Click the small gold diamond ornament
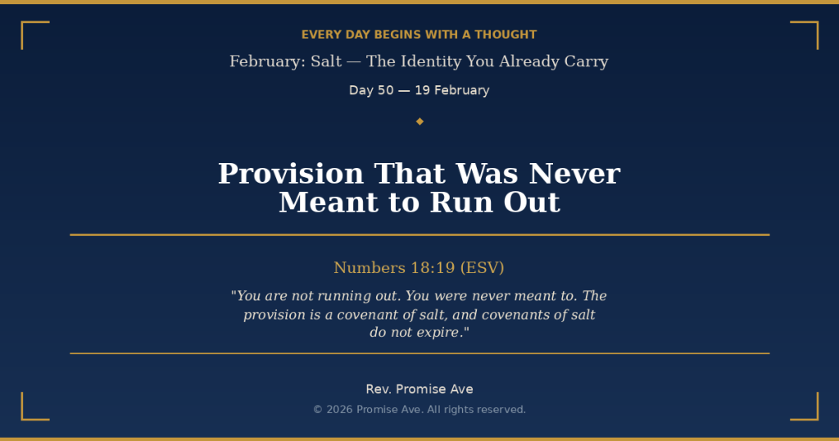coord(419,121)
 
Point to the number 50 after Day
coord(385,90)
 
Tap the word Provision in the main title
coord(290,174)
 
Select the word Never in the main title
coord(574,174)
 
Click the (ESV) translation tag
coord(482,268)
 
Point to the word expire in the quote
coord(440,332)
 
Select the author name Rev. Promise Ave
coord(419,389)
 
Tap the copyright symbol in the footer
coord(318,410)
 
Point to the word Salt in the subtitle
coord(326,61)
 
